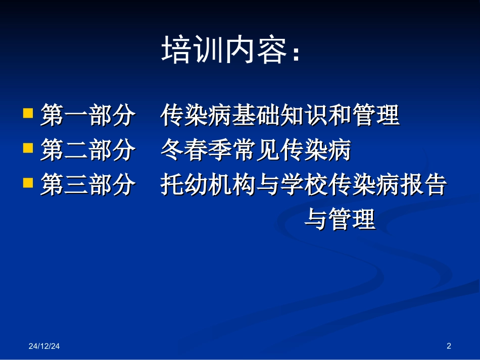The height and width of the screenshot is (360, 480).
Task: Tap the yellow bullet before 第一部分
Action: [29, 112]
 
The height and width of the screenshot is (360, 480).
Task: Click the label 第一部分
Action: [87, 116]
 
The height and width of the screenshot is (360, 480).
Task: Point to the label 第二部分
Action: [87, 150]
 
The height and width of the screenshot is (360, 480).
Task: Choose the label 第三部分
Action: [87, 185]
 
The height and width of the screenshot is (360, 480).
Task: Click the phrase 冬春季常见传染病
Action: [256, 150]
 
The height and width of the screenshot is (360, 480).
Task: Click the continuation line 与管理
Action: [340, 220]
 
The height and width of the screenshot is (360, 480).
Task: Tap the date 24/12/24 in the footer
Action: [44, 346]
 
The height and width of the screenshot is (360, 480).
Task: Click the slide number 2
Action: [449, 346]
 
